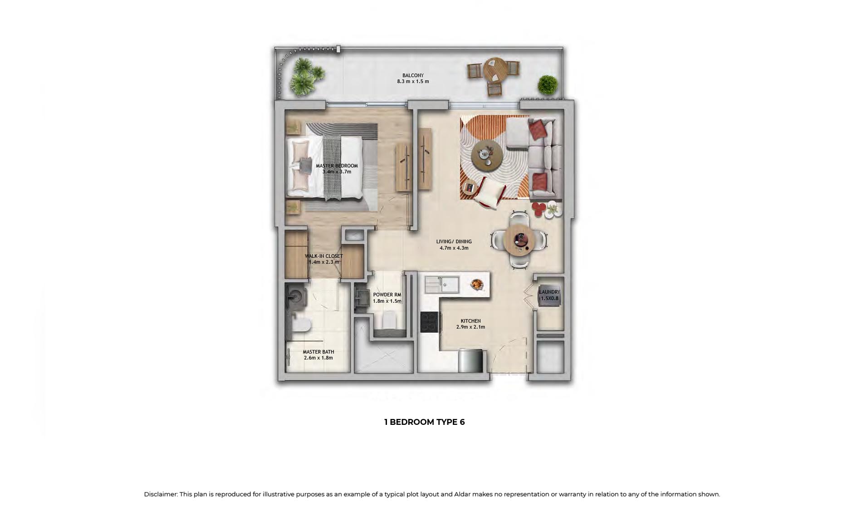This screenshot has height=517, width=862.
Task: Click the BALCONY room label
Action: pos(413,75)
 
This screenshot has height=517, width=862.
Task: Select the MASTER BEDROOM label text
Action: pos(337,166)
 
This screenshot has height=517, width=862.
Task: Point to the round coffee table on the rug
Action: pos(487,154)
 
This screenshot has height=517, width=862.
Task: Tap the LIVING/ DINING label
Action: pos(454,241)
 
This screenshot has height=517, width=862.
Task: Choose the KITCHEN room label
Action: pos(470,321)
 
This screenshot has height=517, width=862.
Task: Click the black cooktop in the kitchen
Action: pos(429,322)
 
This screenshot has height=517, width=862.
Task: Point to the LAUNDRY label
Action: pos(549,292)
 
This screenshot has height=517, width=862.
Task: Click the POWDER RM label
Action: pos(387,295)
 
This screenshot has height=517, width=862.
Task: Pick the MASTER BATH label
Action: pos(318,352)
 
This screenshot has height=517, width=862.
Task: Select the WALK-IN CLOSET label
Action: pos(324,256)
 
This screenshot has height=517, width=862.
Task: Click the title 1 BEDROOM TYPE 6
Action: pos(425,422)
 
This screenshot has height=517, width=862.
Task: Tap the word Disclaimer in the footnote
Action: pos(161,494)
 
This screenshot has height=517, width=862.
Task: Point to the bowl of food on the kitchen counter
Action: pos(477,285)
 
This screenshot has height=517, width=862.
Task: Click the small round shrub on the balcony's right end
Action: pos(548,84)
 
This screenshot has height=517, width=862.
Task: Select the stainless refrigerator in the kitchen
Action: pos(470,360)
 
